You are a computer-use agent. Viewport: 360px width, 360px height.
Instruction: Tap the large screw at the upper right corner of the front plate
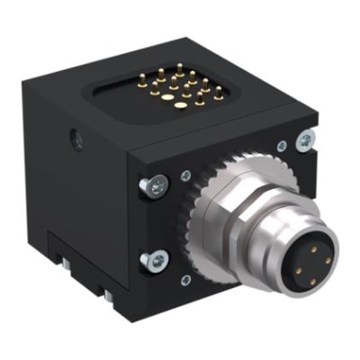pyautogui.click(x=306, y=139)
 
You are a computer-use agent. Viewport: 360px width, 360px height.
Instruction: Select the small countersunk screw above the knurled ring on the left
pyautogui.click(x=185, y=176)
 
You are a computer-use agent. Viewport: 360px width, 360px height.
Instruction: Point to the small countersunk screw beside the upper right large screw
pyautogui.click(x=283, y=146)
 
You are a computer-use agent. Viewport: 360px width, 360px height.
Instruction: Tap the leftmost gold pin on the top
pyautogui.click(x=142, y=77)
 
